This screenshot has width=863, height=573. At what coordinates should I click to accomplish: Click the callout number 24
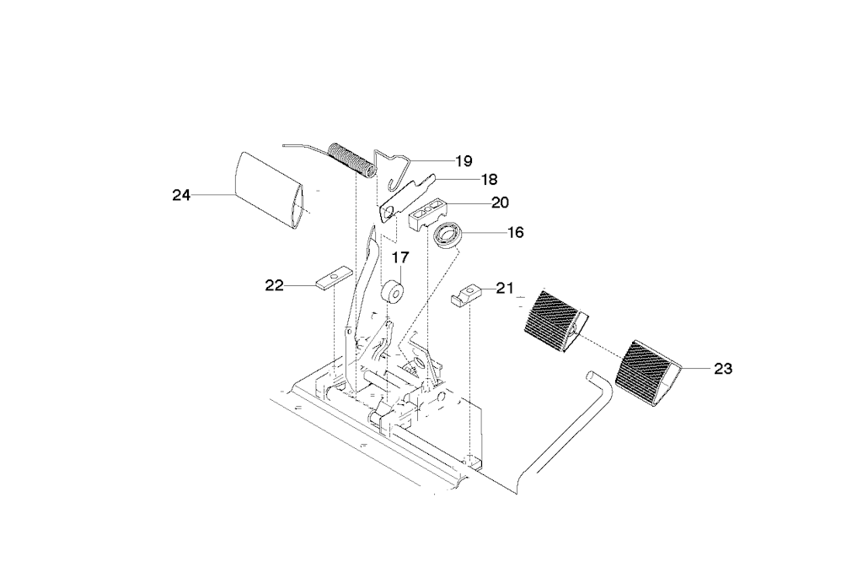click(x=181, y=195)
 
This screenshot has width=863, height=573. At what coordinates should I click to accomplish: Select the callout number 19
click(x=464, y=161)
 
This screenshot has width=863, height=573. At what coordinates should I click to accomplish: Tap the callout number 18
click(x=489, y=179)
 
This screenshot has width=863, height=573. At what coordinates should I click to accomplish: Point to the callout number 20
click(x=500, y=203)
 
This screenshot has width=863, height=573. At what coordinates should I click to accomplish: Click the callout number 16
click(x=515, y=233)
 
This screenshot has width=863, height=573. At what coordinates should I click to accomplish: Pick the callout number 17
click(x=400, y=257)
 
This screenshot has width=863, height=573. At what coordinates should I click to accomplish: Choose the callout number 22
click(x=274, y=285)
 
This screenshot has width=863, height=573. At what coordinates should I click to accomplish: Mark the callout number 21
click(x=504, y=288)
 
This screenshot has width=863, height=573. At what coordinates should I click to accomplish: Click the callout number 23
click(x=722, y=369)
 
